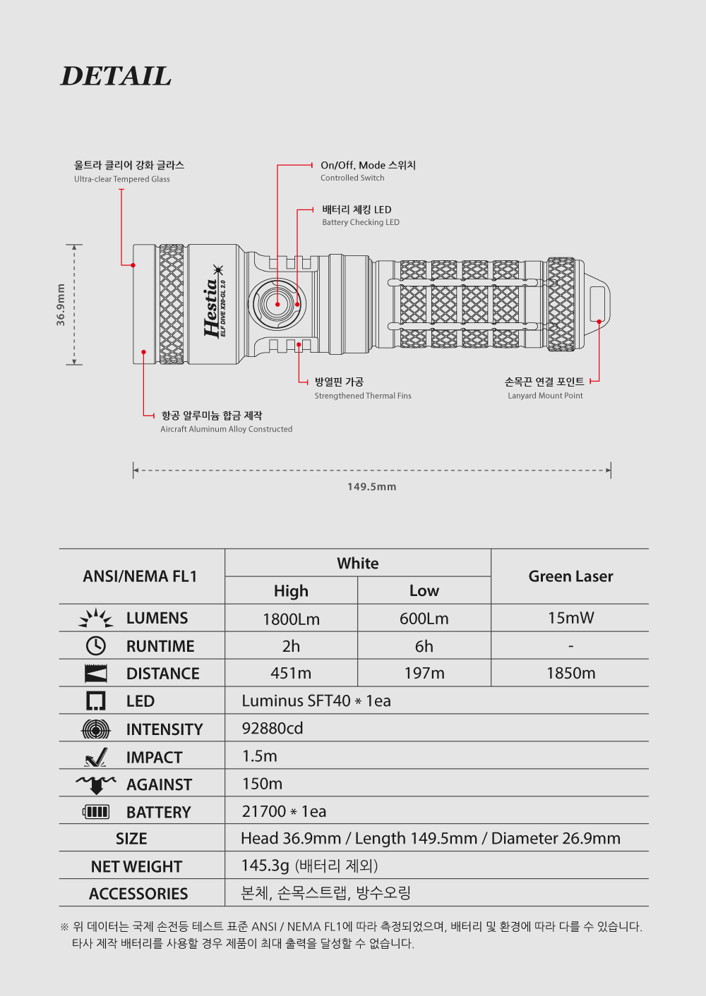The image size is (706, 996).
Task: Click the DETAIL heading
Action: coord(116,76)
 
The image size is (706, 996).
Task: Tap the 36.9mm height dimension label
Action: coord(61,305)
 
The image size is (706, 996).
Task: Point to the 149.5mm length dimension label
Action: coord(371,487)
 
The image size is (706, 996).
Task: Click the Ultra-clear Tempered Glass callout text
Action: coord(121,179)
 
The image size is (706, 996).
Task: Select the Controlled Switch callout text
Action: coord(352,178)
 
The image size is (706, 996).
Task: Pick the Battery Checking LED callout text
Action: coord(360,222)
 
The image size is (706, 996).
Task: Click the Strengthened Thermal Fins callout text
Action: coord(363,396)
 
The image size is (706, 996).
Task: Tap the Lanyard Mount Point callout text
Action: coord(545,396)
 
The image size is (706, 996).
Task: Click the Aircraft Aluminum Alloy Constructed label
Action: coord(226,429)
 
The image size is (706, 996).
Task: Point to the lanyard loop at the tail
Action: coord(597,304)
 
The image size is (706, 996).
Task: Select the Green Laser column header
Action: coord(570,576)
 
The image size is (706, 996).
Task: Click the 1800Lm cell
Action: coord(291,619)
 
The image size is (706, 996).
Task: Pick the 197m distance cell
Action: coord(424,674)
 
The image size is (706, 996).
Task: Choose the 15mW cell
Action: coord(570,618)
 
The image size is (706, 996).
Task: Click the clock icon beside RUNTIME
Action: coord(95,645)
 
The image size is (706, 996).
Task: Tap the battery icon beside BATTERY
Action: coord(96,812)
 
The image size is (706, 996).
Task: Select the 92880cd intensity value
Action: coord(273,728)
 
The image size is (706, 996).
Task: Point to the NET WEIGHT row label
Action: coord(136,866)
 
